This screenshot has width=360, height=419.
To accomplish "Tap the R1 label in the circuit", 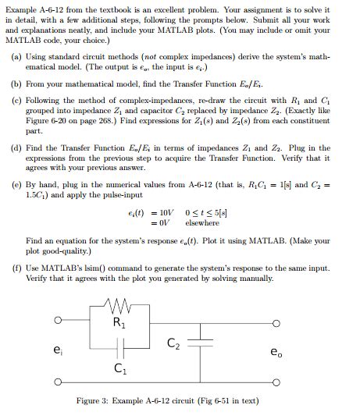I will click(x=119, y=322).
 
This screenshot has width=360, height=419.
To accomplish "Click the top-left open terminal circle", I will click(x=57, y=320).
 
